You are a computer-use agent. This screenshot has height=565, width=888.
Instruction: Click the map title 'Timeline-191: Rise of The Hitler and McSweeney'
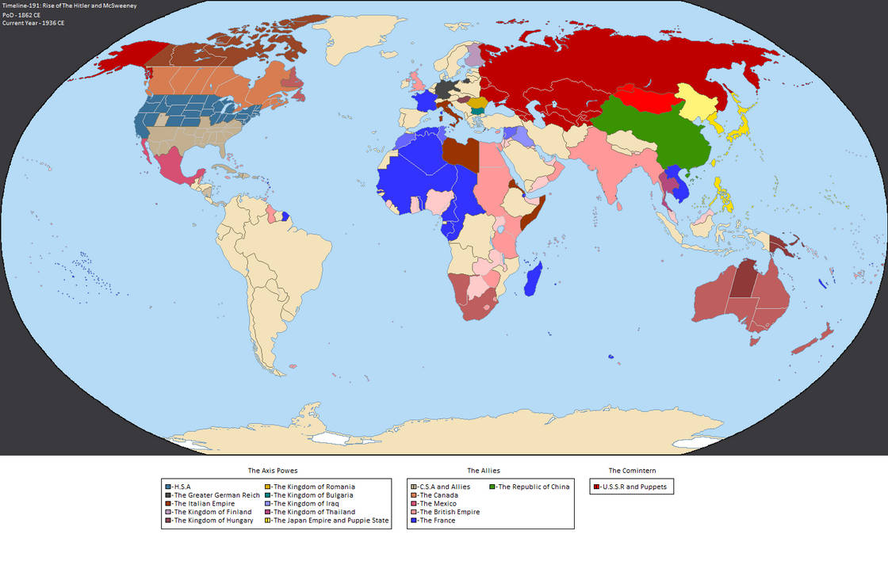(69, 6)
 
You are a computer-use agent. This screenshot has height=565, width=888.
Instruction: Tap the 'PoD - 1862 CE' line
(21, 14)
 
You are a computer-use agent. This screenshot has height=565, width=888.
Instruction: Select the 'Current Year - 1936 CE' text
(33, 23)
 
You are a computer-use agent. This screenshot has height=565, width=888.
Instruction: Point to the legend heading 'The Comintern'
(632, 471)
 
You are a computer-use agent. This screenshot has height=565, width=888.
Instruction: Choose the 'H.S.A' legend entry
(181, 487)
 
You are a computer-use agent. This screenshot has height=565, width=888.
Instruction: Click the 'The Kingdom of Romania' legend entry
(313, 487)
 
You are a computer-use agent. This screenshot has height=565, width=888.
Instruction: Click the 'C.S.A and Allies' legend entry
(444, 487)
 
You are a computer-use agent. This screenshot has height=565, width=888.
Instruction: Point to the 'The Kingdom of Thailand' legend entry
(314, 512)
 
